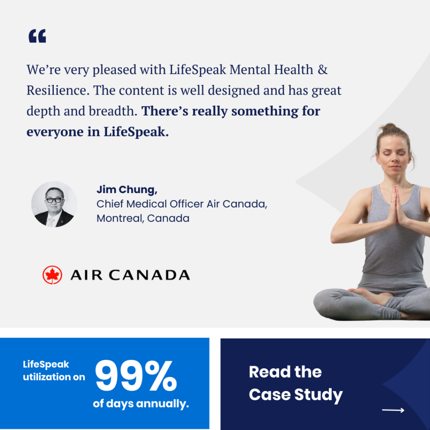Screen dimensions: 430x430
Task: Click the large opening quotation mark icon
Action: (x=37, y=36)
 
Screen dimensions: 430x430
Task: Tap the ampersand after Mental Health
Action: (x=322, y=70)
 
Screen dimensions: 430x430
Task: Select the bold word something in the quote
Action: (x=265, y=111)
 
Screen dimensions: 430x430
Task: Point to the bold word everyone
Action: (x=55, y=132)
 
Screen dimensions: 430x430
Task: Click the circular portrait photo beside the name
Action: (x=54, y=204)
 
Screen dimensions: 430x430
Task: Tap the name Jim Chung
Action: (x=127, y=190)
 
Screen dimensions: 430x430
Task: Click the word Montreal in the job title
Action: (x=120, y=218)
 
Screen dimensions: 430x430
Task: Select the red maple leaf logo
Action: (x=52, y=275)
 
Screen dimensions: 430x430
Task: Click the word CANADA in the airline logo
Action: (x=149, y=275)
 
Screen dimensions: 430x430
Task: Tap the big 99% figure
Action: (x=136, y=376)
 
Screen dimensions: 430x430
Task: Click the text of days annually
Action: (x=141, y=404)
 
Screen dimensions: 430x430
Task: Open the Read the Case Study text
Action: (x=296, y=383)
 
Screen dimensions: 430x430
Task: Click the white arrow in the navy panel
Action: (x=393, y=410)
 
